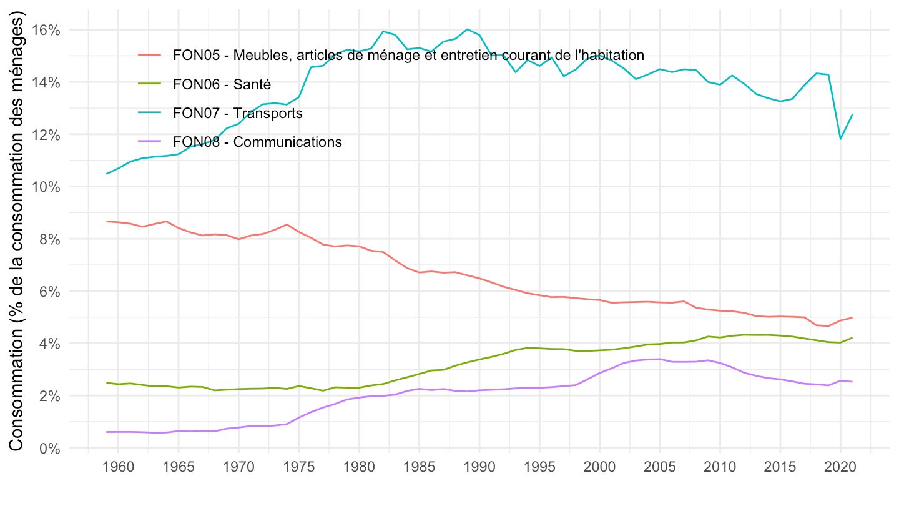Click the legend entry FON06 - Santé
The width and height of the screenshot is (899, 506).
tap(222, 84)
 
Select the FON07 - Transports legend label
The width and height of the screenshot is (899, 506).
tap(238, 113)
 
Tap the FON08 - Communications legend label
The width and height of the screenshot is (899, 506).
tap(257, 142)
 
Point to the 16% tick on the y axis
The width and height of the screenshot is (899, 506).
tap(46, 30)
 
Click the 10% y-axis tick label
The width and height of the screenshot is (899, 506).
tap(46, 187)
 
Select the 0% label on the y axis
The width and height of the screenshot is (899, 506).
tap(50, 448)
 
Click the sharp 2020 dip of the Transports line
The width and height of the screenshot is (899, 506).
tap(840, 138)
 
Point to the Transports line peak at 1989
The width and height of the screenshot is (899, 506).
tap(467, 29)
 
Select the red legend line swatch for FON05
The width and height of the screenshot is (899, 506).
tap(150, 55)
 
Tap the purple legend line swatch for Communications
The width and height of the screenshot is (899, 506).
tap(150, 142)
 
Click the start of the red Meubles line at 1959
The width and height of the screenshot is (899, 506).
tap(107, 221)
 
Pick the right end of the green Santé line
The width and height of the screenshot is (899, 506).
tap(852, 338)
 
